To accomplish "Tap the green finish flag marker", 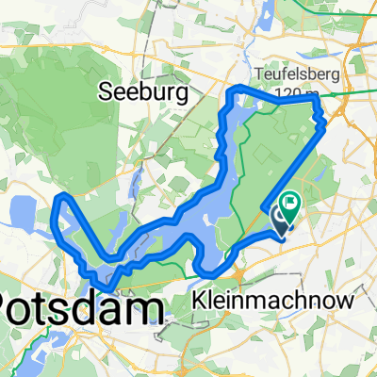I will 290,201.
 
